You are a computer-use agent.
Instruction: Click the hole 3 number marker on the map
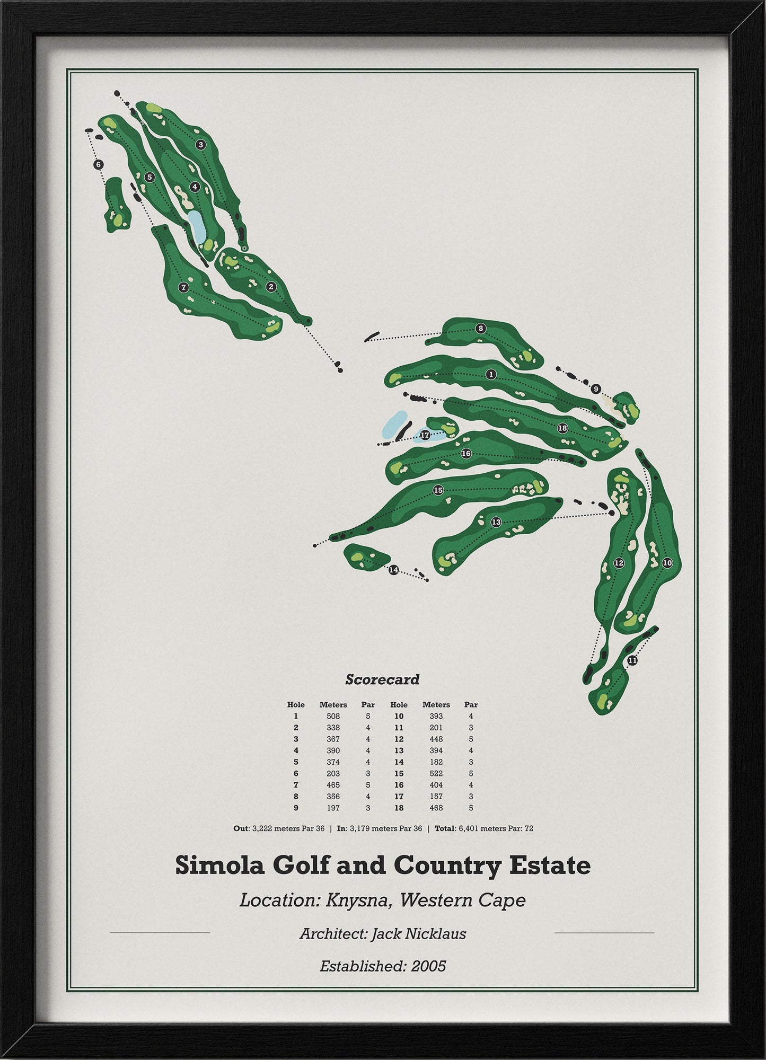point(200,144)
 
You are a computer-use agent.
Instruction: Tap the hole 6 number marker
point(98,165)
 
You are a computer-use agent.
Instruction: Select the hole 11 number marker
point(632,660)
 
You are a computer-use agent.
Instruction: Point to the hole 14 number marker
point(393,570)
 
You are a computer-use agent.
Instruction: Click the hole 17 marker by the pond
point(425,435)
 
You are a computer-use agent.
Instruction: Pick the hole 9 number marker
point(596,389)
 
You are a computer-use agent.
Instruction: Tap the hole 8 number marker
point(480,328)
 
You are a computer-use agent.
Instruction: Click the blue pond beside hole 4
point(196,226)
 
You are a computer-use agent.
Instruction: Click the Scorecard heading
point(382,679)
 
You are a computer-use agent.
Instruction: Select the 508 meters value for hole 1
point(333,716)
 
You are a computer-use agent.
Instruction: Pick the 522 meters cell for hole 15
point(436,773)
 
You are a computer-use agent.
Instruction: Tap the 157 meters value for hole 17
point(436,797)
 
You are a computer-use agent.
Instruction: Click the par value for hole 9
point(368,808)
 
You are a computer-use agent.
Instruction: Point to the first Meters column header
point(333,704)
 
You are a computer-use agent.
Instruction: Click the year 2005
point(428,966)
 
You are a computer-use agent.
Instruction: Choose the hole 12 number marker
point(619,563)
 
